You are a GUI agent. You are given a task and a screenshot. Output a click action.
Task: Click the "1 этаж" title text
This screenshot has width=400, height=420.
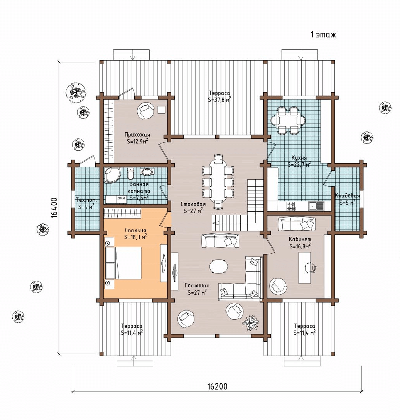coord(323,35)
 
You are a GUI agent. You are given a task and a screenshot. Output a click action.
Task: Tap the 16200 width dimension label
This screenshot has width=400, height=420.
coord(217,386)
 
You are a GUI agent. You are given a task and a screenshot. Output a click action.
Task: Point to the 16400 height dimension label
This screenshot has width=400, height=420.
coord(54,207)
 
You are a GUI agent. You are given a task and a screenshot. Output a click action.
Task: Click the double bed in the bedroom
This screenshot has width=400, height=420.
coord(123,263)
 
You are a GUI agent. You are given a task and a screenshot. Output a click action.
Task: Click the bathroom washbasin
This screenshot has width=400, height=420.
coord(147,171)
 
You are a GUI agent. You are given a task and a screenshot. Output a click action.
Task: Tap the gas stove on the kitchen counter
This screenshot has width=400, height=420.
coord(292,206)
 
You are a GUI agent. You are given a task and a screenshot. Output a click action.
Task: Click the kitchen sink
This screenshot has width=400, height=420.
coord(316,206)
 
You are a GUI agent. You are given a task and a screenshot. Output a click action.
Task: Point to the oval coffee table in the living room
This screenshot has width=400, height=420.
coord(219,266)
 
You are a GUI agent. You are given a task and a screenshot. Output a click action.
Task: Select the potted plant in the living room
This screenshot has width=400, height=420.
coord(250,322)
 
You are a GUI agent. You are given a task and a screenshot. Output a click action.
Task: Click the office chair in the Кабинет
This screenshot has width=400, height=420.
coord(311,267)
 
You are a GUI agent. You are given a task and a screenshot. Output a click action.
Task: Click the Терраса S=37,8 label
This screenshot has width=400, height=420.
coord(219,96)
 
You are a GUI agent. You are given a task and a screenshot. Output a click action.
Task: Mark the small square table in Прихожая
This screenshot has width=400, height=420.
coord(161,110)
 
